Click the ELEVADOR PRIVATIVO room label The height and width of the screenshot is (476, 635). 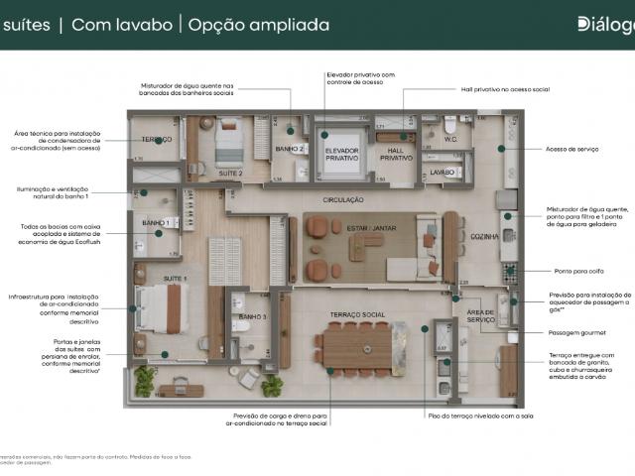pyautogui.click(x=341, y=154)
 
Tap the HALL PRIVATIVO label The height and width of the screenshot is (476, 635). pyautogui.click(x=396, y=154)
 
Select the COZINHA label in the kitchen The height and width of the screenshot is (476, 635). pyautogui.click(x=484, y=236)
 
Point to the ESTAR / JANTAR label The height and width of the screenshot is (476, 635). pyautogui.click(x=371, y=228)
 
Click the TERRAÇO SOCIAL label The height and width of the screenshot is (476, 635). pyautogui.click(x=358, y=314)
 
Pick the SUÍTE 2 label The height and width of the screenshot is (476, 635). pyautogui.click(x=231, y=172)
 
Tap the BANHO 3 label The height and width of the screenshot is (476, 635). pyautogui.click(x=252, y=316)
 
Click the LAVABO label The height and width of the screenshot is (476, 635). pyautogui.click(x=442, y=172)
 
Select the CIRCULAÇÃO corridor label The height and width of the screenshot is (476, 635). pyautogui.click(x=342, y=199)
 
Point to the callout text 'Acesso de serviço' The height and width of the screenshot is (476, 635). pyautogui.click(x=572, y=149)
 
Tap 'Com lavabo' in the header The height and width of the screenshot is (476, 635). pyautogui.click(x=120, y=25)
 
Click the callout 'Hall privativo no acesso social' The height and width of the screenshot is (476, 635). pyautogui.click(x=505, y=89)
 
